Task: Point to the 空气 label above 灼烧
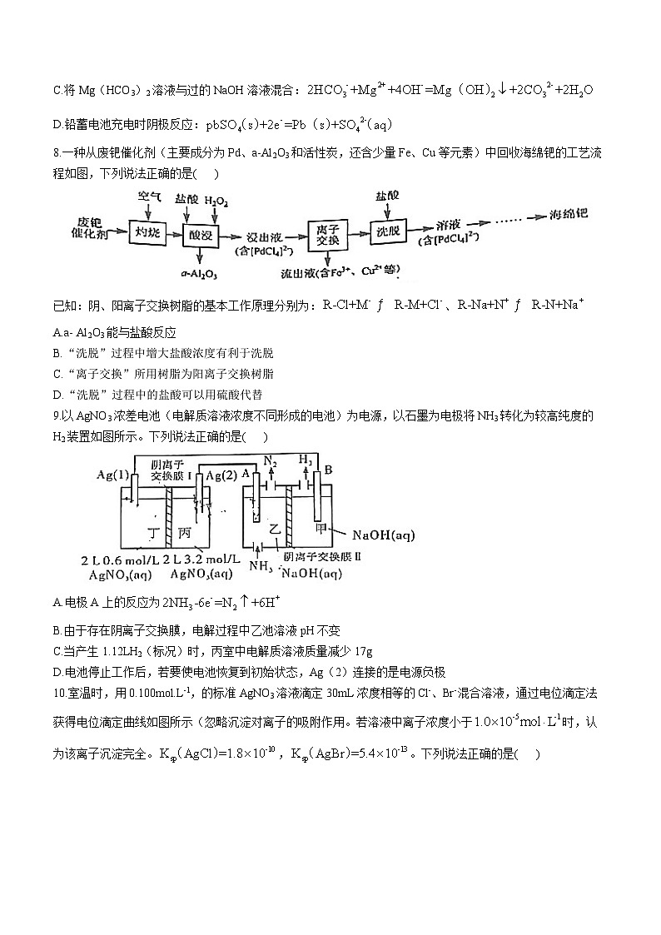(x=150, y=197)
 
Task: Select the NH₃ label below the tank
(x=261, y=567)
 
